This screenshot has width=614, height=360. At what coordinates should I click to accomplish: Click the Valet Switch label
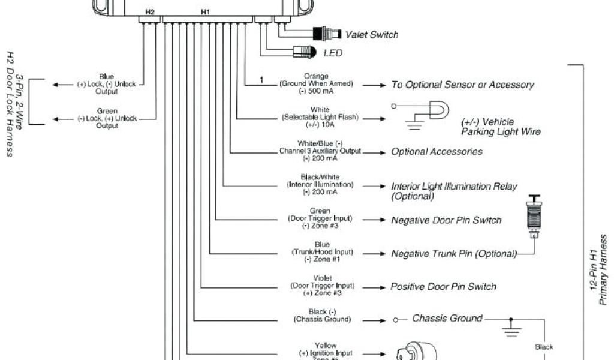tap(371, 35)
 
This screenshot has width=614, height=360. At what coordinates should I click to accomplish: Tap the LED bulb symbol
tap(303, 53)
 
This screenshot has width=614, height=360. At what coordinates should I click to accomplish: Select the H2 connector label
tap(149, 11)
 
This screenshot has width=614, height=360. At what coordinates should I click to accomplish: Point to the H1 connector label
tap(206, 11)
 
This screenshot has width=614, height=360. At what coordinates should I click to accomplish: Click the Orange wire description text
tap(316, 83)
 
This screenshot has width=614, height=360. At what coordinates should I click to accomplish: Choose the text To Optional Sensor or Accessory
tap(462, 85)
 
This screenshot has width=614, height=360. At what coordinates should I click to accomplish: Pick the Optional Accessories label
tap(437, 152)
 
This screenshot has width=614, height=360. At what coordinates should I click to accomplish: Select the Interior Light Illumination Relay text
tap(454, 191)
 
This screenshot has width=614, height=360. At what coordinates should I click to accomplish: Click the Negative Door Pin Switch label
tap(446, 220)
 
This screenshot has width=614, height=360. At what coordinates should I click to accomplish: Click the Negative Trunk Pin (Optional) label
tap(454, 254)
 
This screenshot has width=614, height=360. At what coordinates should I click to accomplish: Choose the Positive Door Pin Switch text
tap(443, 287)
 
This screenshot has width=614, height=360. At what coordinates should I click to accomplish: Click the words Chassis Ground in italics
tap(447, 318)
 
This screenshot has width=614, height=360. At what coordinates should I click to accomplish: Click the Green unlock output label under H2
tap(107, 118)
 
